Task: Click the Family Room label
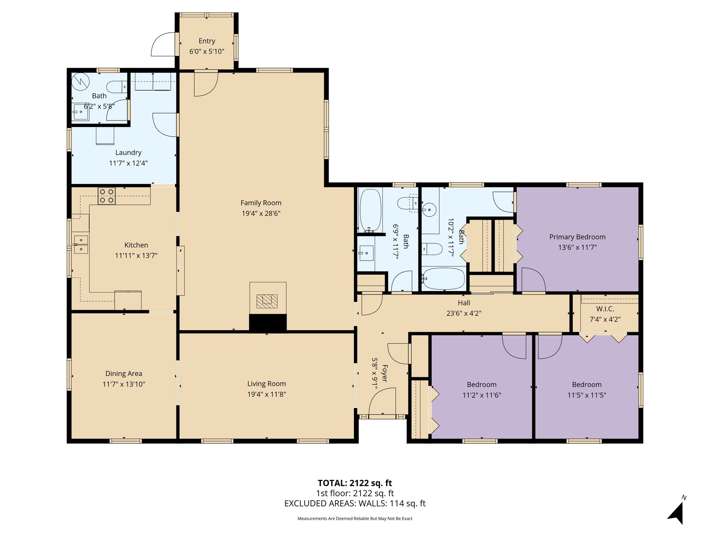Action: tap(261, 203)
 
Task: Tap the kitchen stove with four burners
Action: tap(106, 196)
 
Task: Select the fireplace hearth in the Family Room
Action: tap(268, 301)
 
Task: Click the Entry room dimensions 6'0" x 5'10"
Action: tap(207, 52)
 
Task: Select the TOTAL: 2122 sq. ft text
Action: tap(355, 483)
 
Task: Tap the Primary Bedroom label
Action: tap(577, 237)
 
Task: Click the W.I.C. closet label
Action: tap(605, 309)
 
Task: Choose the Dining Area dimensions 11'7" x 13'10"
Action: tap(124, 384)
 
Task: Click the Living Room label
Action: tap(266, 383)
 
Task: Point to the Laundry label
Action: tap(128, 152)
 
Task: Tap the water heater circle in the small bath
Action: tap(80, 82)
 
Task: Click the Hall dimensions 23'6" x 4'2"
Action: tap(464, 313)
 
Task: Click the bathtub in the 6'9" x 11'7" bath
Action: tap(370, 210)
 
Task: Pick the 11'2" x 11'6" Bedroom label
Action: tap(482, 384)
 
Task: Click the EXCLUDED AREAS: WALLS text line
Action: tap(355, 503)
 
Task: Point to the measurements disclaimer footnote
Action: tap(355, 519)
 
